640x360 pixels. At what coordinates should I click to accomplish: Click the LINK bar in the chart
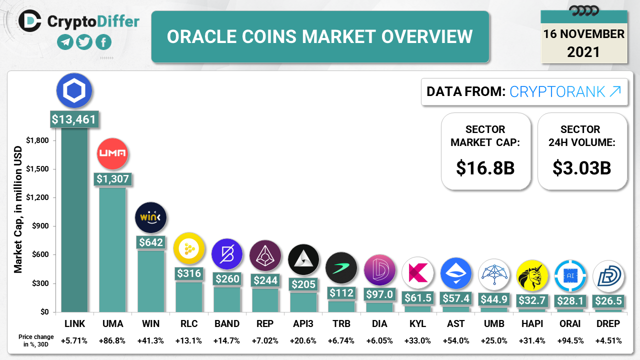pos(74,220)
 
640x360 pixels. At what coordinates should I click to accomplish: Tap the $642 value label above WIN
pos(150,242)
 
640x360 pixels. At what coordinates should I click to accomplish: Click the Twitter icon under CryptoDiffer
pos(84,42)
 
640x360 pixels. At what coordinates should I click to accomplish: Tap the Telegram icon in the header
pos(65,42)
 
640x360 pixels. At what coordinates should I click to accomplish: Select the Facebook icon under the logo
pos(103,42)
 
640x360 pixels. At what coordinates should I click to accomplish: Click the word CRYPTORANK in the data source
pos(557,91)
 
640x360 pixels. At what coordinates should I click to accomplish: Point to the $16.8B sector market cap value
pos(485,168)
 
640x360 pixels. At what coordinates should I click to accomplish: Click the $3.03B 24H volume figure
pos(582,168)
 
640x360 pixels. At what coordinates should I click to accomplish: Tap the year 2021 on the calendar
pos(583,51)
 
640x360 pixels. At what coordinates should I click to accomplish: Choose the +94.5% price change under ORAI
pos(570,341)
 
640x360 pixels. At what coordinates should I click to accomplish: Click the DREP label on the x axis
pos(608,324)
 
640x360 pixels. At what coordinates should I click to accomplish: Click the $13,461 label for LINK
pos(74,119)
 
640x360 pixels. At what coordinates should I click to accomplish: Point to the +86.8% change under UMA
pos(112,341)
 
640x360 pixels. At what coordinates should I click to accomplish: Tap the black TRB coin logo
pos(341,267)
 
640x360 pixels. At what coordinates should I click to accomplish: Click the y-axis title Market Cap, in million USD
pos(18,209)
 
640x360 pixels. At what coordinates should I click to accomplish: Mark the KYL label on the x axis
pos(417,324)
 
